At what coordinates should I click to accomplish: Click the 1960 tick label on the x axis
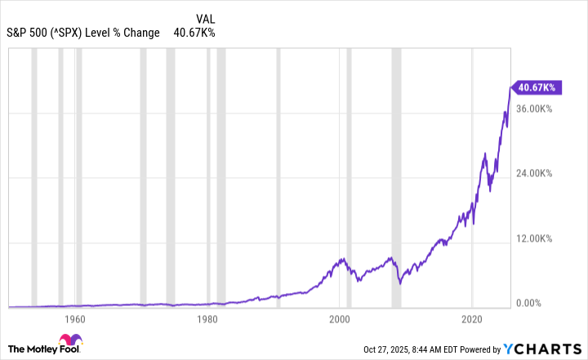[74, 318]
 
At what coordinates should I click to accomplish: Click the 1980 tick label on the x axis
[207, 318]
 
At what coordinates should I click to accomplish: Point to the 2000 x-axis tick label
[340, 318]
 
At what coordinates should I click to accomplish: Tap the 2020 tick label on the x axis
[472, 318]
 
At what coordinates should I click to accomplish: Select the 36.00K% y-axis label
[536, 109]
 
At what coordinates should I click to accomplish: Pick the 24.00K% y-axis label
[536, 174]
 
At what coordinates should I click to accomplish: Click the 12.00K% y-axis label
[536, 239]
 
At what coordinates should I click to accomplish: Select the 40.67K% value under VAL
[194, 33]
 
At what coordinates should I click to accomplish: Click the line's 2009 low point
[400, 283]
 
